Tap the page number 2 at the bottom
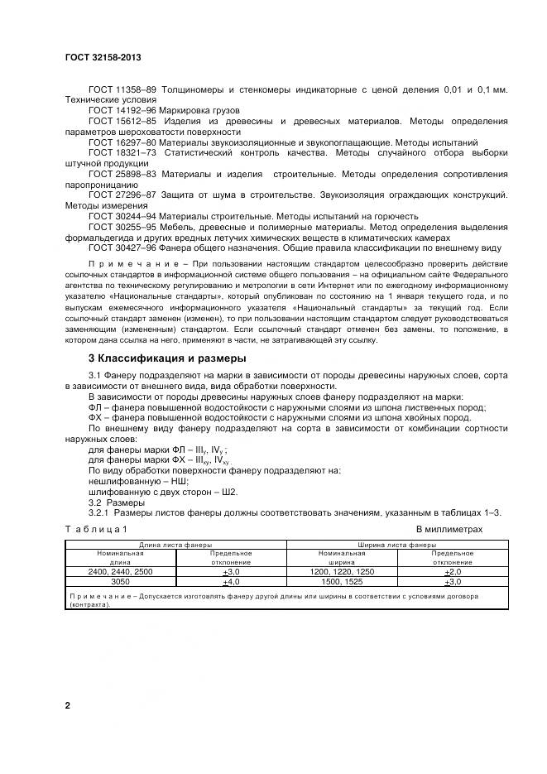tap(68, 706)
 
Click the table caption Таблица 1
tap(97, 529)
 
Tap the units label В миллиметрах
tap(449, 529)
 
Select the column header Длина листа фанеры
tap(175, 546)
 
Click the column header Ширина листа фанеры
tap(396, 546)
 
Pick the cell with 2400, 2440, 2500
tap(121, 572)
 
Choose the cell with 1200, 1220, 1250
tap(342, 572)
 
